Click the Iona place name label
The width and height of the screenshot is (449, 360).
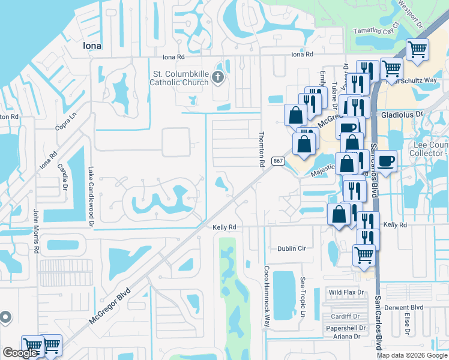(x=91, y=46)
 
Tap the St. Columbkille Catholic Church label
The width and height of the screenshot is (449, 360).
(x=178, y=78)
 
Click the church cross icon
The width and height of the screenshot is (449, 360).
(x=217, y=77)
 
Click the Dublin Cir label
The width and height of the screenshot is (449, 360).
(x=292, y=248)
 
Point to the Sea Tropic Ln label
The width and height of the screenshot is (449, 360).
(x=303, y=298)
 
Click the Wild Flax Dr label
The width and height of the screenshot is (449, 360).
(x=346, y=292)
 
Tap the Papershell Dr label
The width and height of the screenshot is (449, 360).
(x=346, y=328)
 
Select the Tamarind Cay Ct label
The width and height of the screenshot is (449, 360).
(x=376, y=31)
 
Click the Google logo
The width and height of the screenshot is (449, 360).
(x=20, y=353)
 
